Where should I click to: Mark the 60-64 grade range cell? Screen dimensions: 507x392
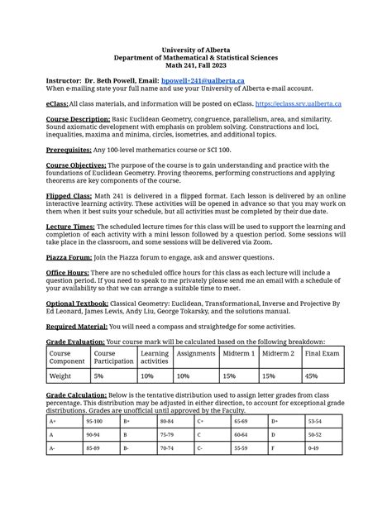241,435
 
